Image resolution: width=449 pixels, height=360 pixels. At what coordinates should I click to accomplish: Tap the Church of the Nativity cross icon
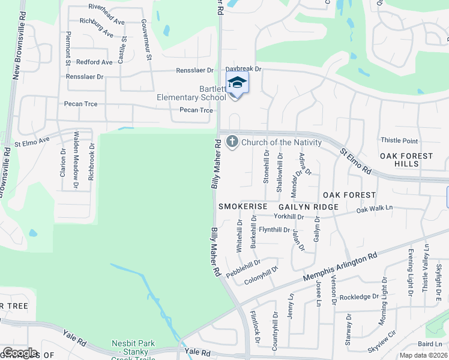click(x=232, y=142)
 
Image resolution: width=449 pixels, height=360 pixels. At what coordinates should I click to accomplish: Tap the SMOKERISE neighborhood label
click(x=243, y=206)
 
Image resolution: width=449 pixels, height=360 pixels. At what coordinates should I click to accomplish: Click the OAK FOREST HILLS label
click(x=406, y=160)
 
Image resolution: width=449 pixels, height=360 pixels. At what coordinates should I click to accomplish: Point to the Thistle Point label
click(x=399, y=140)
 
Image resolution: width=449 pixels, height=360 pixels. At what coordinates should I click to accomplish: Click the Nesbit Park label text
click(x=133, y=344)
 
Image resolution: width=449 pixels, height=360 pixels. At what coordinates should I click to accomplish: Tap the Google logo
click(x=19, y=353)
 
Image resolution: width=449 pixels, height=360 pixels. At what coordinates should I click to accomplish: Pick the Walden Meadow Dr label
click(x=76, y=160)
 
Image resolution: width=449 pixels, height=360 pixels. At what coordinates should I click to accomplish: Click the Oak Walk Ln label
click(x=374, y=209)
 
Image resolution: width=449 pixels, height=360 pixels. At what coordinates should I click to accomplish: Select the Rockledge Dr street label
click(x=360, y=296)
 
